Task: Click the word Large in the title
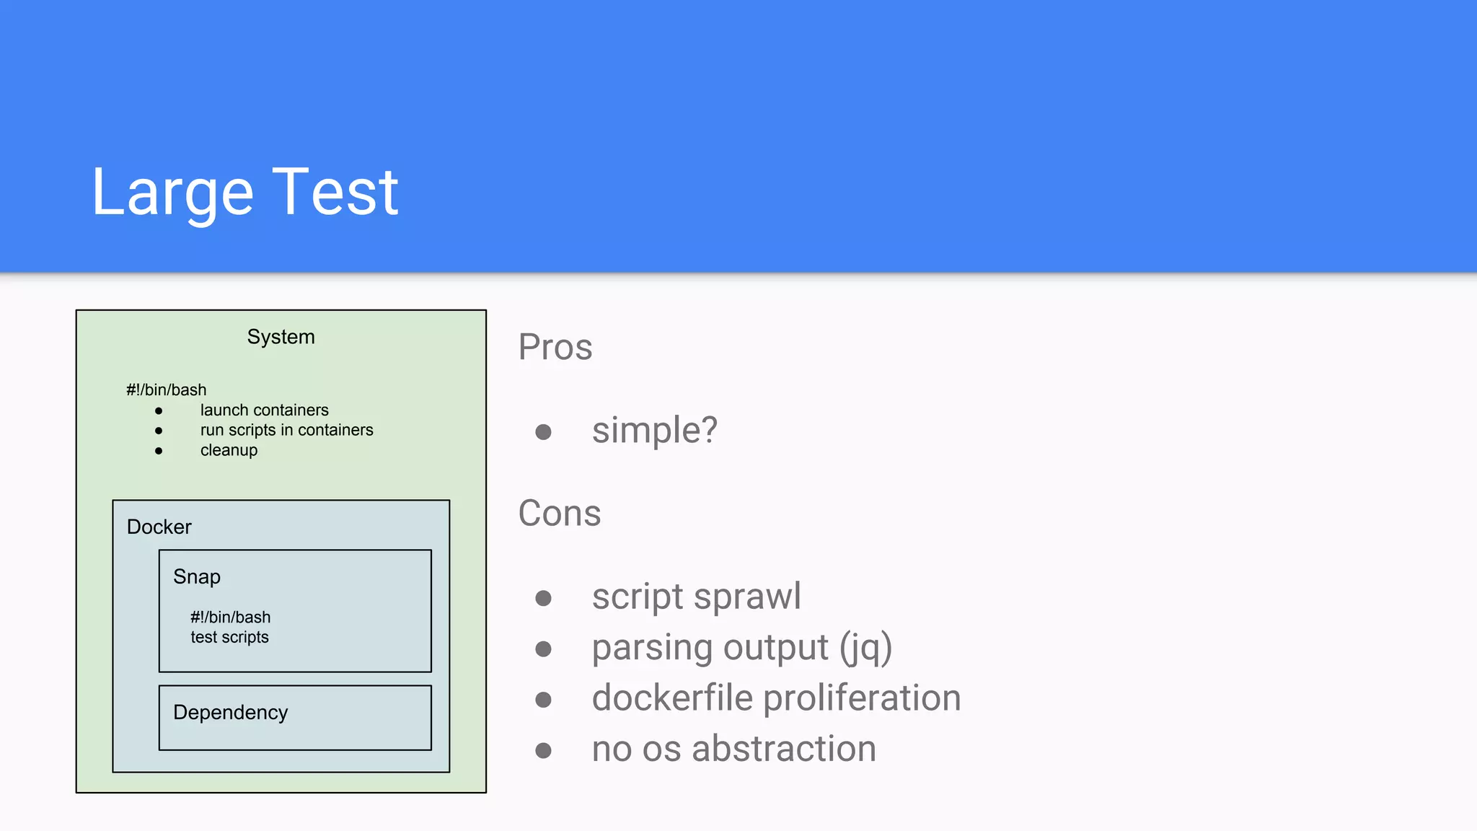click(x=172, y=193)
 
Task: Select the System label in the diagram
click(x=281, y=337)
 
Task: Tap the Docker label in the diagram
click(x=159, y=527)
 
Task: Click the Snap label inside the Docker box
click(x=196, y=576)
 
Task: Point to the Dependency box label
click(x=230, y=712)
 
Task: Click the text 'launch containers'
click(x=264, y=410)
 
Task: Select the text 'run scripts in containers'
click(x=286, y=430)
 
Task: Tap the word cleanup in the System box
click(x=229, y=450)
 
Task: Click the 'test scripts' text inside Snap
click(x=229, y=637)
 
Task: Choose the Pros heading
click(x=555, y=347)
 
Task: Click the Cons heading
click(x=559, y=513)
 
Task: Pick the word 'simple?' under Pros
click(x=654, y=431)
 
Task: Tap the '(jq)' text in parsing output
click(x=865, y=647)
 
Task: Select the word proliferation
click(x=862, y=698)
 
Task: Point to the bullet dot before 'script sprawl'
click(x=543, y=598)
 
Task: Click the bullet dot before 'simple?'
click(x=543, y=432)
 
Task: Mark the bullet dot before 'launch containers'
click(x=159, y=410)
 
